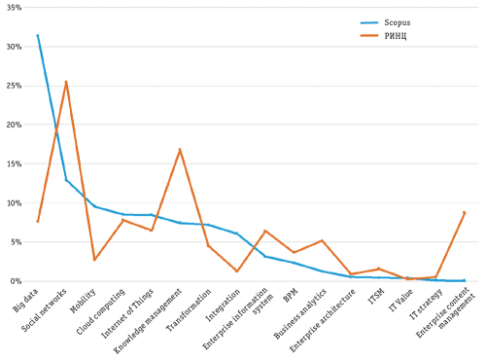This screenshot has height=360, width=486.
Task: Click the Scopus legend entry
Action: [x=385, y=22]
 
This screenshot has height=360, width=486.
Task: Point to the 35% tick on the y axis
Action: [x=14, y=8]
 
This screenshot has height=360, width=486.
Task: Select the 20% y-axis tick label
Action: [x=14, y=126]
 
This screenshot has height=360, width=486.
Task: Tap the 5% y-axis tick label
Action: [x=16, y=242]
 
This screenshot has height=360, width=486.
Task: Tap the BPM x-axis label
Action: [x=289, y=292]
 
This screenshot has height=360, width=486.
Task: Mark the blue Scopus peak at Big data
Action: [x=38, y=35]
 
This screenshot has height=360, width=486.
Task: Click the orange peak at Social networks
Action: [x=66, y=82]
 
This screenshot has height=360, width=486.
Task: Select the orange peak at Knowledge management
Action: [x=180, y=150]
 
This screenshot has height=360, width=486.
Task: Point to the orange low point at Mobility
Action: [x=94, y=260]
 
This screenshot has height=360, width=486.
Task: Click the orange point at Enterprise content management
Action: [x=465, y=212]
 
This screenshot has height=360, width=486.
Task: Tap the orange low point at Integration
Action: [x=237, y=271]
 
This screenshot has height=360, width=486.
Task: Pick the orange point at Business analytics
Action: [x=322, y=240]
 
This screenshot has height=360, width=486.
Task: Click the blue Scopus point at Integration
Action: [x=237, y=234]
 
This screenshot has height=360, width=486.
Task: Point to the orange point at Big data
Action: [x=38, y=222]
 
